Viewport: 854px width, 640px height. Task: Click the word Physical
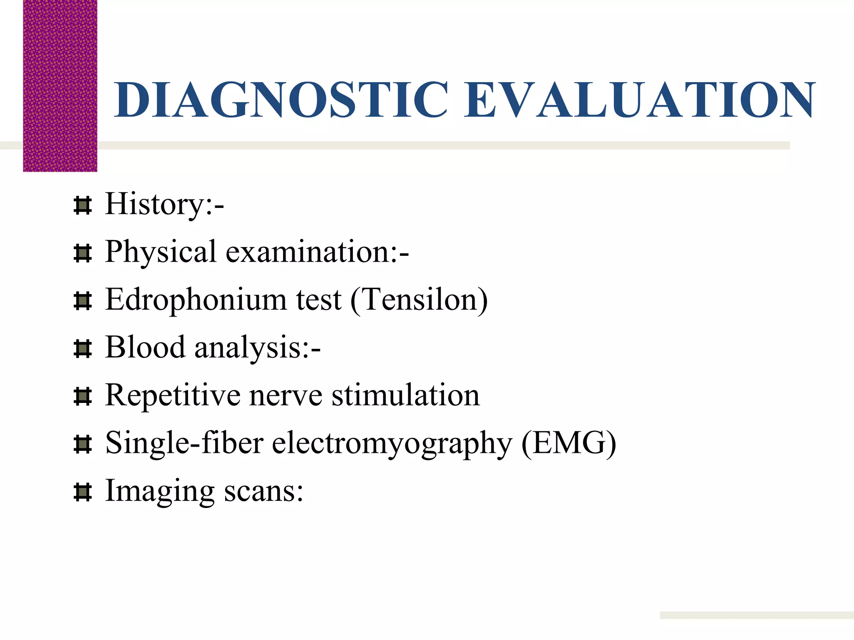click(161, 252)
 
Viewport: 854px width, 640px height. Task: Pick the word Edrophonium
click(196, 300)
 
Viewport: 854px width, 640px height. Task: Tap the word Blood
click(145, 347)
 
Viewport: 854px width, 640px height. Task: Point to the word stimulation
click(405, 395)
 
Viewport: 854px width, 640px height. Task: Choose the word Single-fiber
click(184, 443)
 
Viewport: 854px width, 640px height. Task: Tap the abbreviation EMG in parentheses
click(569, 443)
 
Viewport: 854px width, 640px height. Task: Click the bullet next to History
click(82, 206)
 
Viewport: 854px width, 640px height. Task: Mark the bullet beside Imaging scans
click(82, 492)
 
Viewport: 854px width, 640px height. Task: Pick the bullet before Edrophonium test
click(82, 301)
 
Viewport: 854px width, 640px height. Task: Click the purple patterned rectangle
click(60, 85)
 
